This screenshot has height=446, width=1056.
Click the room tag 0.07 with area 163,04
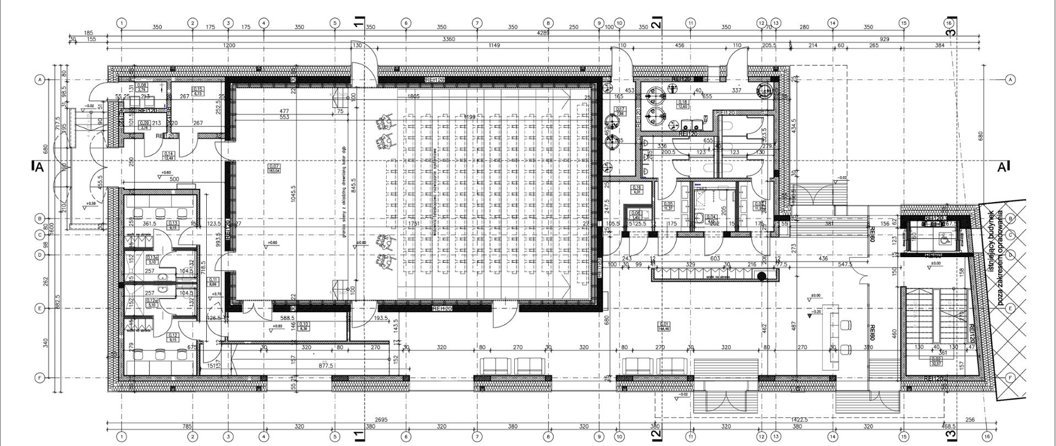pos(274,168)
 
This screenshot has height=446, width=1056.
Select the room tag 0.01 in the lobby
pos(664,327)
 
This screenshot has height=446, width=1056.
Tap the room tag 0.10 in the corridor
pos(304,326)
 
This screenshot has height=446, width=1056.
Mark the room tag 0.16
pos(637,189)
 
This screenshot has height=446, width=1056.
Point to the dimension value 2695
pos(380,420)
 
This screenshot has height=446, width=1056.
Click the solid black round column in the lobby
pos(762,276)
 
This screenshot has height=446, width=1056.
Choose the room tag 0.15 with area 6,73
pos(197,91)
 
